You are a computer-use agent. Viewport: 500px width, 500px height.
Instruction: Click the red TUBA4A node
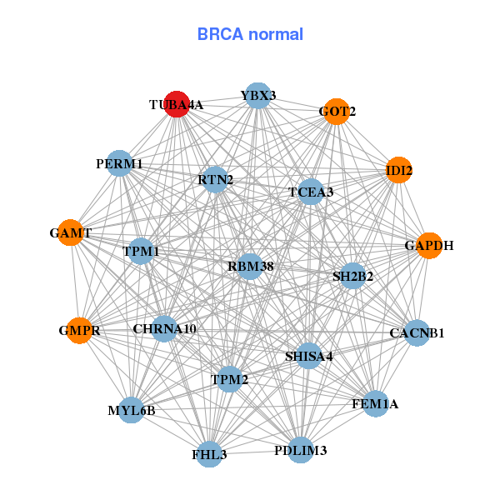pyautogui.click(x=177, y=104)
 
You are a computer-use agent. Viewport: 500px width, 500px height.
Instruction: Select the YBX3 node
pyautogui.click(x=258, y=95)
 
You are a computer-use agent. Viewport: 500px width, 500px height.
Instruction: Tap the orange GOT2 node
pyautogui.click(x=336, y=112)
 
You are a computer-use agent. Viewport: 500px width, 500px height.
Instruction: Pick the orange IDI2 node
pyautogui.click(x=398, y=171)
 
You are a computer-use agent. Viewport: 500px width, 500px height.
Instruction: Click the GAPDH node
pyautogui.click(x=428, y=246)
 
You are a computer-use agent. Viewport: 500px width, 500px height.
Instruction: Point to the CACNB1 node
pyautogui.click(x=416, y=333)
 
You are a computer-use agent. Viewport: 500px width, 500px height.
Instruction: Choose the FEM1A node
pyautogui.click(x=375, y=404)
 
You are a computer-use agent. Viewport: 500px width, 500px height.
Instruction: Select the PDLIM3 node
pyautogui.click(x=300, y=451)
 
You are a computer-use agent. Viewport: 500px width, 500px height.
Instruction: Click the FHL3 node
pyautogui.click(x=209, y=454)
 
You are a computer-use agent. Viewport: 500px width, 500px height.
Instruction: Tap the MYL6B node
pyautogui.click(x=132, y=410)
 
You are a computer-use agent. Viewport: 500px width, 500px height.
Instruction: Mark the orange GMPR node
pyautogui.click(x=80, y=331)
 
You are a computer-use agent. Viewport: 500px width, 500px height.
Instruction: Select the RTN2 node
pyautogui.click(x=216, y=179)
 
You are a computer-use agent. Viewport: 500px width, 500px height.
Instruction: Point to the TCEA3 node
pyautogui.click(x=310, y=192)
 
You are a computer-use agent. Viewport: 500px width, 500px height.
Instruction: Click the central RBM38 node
pyautogui.click(x=250, y=267)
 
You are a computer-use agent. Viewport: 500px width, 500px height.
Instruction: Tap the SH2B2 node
pyautogui.click(x=352, y=276)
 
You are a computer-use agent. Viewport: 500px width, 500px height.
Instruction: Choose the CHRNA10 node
pyautogui.click(x=164, y=329)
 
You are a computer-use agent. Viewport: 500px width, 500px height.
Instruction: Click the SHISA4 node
pyautogui.click(x=308, y=356)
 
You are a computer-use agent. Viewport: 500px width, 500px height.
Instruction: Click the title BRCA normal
pyautogui.click(x=250, y=34)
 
